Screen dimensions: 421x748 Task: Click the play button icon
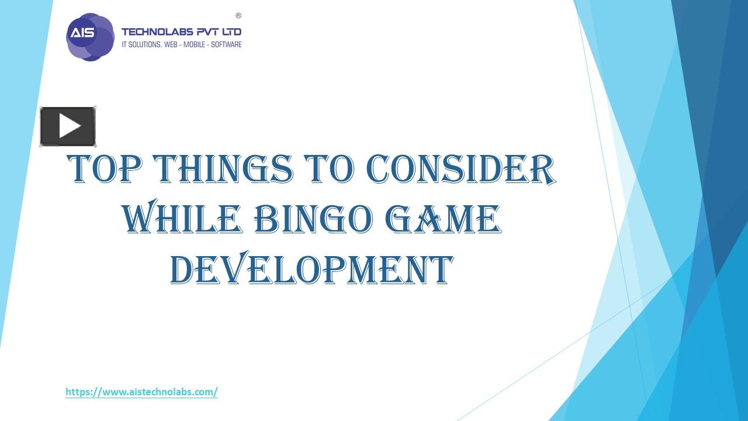[68, 126]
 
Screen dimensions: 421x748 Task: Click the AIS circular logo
[90, 37]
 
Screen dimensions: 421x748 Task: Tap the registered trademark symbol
[238, 16]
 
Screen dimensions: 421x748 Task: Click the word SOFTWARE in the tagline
[227, 44]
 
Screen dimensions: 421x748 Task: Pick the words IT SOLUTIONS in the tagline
[141, 44]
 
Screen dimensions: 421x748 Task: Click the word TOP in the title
[105, 169]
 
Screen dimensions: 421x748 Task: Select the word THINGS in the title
[222, 169]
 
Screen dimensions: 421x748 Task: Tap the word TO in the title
[329, 169]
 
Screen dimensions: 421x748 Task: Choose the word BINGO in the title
[313, 220]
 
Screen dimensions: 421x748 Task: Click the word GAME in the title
[444, 220]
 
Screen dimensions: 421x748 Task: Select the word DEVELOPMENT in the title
[311, 270]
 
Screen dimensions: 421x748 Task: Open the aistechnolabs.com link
[141, 392]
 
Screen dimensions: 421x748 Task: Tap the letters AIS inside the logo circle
[82, 33]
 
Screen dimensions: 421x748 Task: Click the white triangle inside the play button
[70, 126]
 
